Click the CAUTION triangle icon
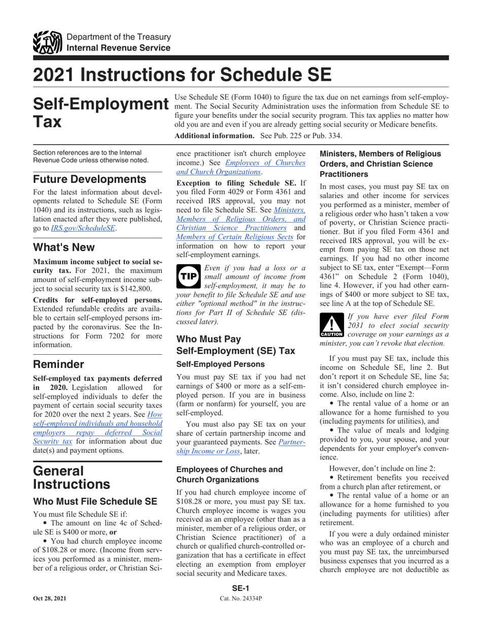[332, 325]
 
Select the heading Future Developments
[89, 179]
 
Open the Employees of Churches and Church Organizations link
[240, 167]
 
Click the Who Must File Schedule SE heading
[95, 502]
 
